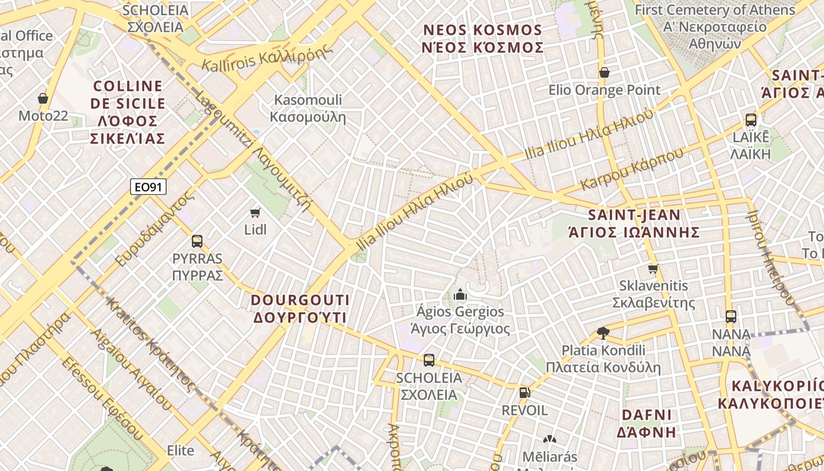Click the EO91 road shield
(x=148, y=187)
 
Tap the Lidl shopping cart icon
(x=255, y=213)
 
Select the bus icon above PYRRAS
(x=197, y=241)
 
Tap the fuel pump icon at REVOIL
(x=524, y=393)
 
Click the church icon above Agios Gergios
(x=460, y=294)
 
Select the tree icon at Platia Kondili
(x=603, y=333)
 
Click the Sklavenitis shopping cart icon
(x=653, y=269)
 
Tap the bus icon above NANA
(x=731, y=317)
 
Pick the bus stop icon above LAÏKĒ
(x=751, y=120)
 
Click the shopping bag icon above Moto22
(x=43, y=98)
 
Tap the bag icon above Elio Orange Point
(x=604, y=72)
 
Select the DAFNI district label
(x=646, y=423)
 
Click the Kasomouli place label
(x=308, y=108)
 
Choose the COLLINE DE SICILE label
(x=128, y=112)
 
